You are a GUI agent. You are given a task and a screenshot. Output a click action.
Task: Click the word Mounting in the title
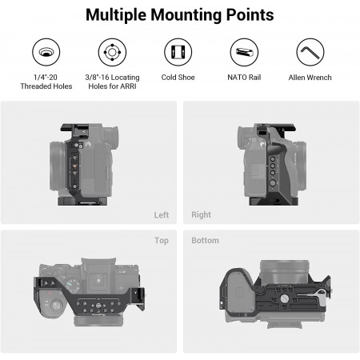[x=186, y=15]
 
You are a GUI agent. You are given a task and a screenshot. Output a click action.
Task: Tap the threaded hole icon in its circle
[x=46, y=52]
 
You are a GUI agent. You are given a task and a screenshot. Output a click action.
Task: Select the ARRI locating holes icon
[x=112, y=52]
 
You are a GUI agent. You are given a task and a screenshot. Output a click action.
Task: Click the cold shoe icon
[x=178, y=52]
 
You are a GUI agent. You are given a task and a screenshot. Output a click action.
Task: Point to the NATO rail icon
[x=244, y=52]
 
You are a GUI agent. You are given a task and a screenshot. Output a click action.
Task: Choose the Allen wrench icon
[x=310, y=52]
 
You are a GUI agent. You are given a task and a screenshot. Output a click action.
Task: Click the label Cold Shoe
[x=178, y=78]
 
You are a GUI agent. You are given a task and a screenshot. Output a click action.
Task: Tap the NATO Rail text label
[x=244, y=78]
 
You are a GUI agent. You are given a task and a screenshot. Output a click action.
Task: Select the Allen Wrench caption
[x=310, y=78]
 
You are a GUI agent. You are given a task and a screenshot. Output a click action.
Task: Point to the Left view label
[x=162, y=215]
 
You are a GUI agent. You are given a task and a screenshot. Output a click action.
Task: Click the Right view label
[x=201, y=214]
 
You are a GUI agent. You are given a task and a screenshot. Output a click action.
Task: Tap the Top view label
[x=162, y=241]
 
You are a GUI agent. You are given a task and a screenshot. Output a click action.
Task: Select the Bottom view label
[x=205, y=241]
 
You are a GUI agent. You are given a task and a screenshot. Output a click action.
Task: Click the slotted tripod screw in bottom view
[x=284, y=298]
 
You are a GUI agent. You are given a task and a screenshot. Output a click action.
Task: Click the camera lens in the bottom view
[x=285, y=271]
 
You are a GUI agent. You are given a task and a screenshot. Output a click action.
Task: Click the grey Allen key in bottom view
[x=311, y=295]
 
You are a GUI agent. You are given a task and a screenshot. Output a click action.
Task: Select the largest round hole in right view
[x=273, y=183]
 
